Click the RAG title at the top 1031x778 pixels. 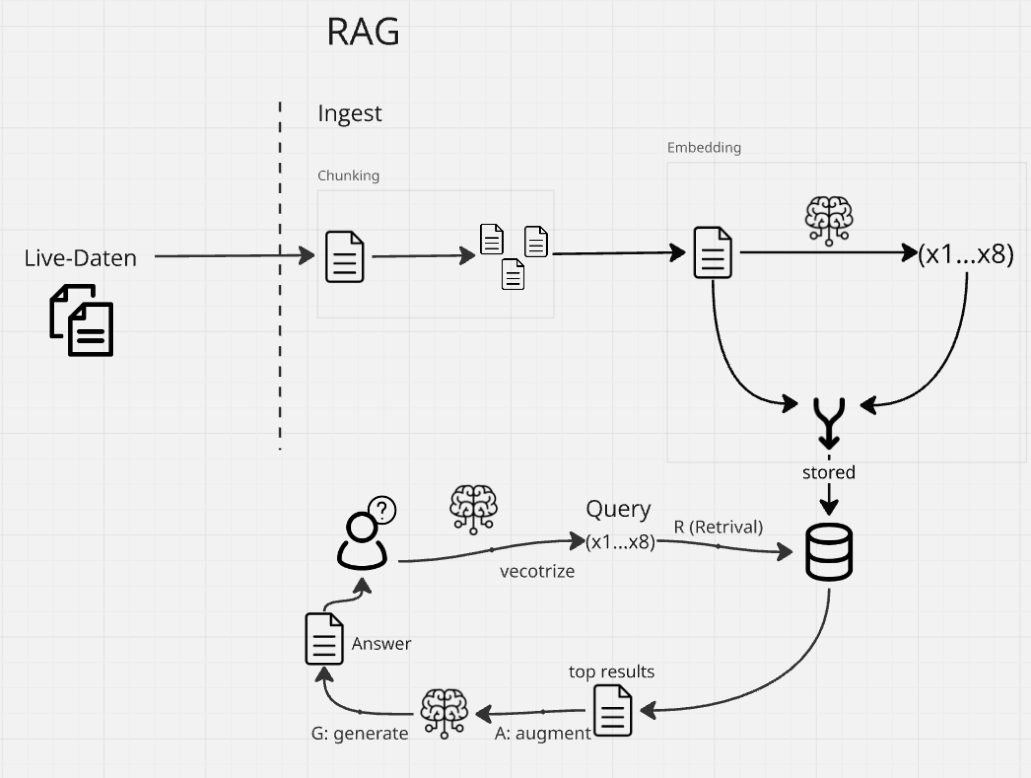363,32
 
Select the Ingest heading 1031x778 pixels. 349,113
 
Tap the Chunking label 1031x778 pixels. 348,176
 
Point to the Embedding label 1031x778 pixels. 704,148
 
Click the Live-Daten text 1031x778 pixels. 81,258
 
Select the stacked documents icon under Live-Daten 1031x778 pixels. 82,320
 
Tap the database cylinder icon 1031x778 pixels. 829,552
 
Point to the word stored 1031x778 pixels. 829,472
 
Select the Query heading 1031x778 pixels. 618,509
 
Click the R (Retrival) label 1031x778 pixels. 718,527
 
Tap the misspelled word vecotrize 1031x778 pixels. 537,571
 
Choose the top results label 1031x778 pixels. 612,671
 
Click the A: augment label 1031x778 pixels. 542,733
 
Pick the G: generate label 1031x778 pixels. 359,733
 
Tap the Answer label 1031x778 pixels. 381,644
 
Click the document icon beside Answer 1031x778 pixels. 324,639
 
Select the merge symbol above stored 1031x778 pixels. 829,422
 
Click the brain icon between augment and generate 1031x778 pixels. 444,713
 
